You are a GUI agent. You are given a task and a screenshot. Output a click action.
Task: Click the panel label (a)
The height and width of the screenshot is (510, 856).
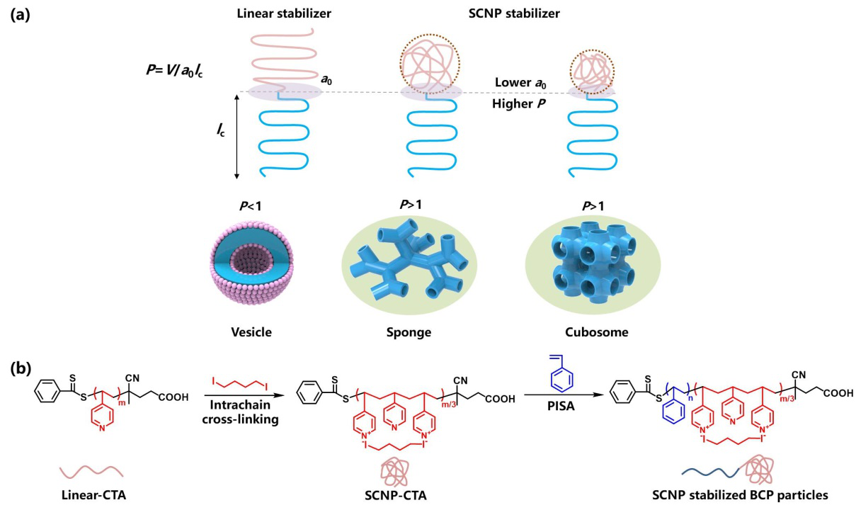21,14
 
